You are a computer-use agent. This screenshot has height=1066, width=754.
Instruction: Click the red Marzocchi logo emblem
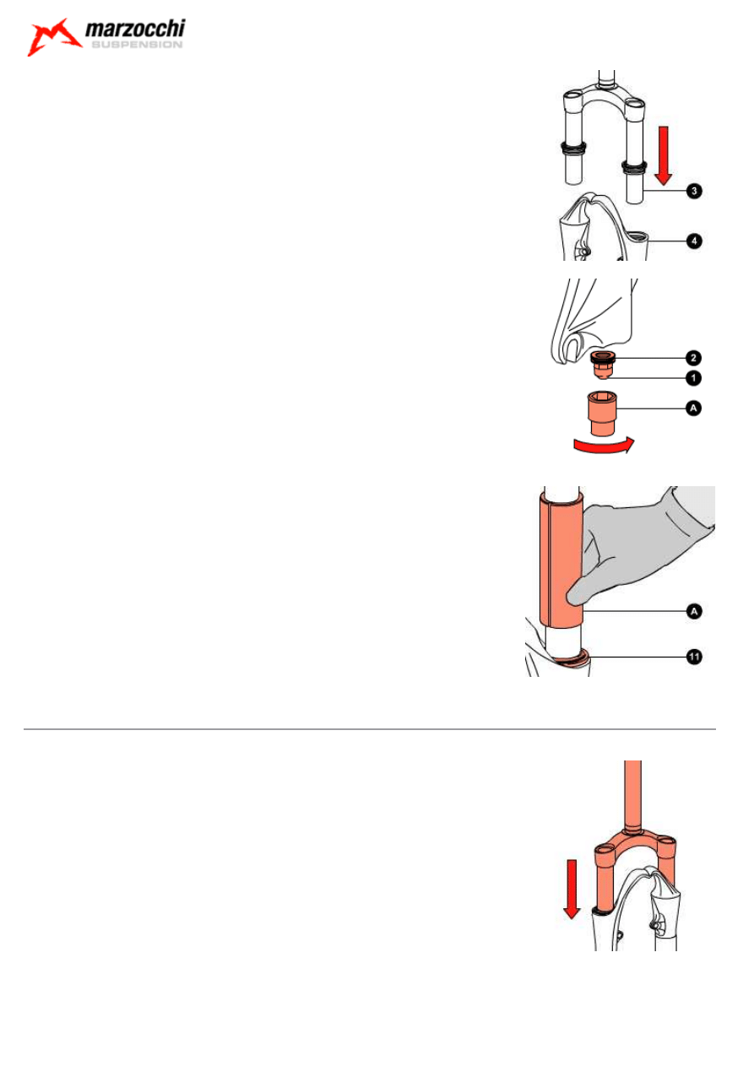coord(52,37)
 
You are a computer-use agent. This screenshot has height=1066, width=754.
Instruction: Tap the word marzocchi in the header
coord(135,29)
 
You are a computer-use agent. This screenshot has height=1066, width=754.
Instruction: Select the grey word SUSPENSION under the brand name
coord(137,45)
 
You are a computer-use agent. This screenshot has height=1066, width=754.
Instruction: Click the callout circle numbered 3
coord(694,192)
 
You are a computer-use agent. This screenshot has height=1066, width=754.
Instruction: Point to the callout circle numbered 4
coord(694,241)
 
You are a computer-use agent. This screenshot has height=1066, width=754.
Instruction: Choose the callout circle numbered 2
coord(693,358)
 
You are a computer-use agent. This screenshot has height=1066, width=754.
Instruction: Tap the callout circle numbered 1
coord(693,378)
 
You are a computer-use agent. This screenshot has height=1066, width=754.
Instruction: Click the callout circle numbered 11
coord(694,657)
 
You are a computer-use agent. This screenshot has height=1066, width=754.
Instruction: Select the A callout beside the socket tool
coord(693,409)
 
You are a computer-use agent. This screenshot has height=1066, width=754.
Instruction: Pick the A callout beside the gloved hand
coord(694,612)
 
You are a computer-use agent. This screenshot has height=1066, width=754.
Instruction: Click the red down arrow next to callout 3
coord(663,155)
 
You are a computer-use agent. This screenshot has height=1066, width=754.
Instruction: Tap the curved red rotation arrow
coord(604,446)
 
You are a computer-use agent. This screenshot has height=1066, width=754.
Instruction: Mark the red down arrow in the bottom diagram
coord(572,889)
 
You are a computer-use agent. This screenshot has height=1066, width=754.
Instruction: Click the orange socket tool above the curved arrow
coord(602,413)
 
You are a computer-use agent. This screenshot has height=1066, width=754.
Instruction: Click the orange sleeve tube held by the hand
coord(561,560)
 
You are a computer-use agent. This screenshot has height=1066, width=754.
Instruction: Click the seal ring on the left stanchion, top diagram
coord(573,147)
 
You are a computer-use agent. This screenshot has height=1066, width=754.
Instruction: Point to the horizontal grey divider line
coord(370,729)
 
